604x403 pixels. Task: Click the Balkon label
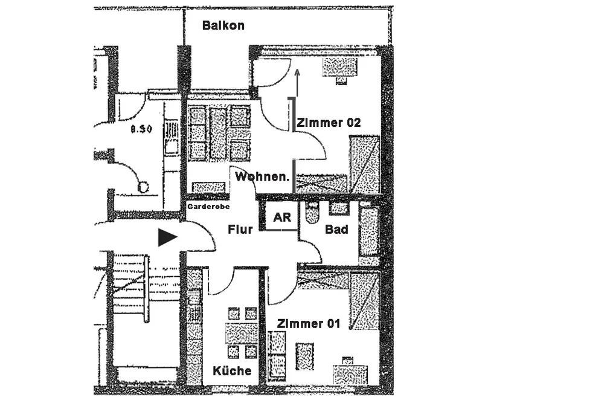point(223,25)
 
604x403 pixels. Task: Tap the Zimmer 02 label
point(329,123)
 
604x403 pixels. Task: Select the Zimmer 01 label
point(308,324)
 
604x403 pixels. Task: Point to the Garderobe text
point(207,206)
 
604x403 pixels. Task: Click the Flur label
point(240,230)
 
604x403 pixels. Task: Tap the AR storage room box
point(281,218)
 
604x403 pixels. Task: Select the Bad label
point(336,230)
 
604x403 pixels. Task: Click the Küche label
point(232,370)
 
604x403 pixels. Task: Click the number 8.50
point(141,129)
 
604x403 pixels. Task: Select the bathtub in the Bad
point(368,235)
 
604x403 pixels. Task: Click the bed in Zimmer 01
point(364,300)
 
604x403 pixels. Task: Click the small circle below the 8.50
point(143,187)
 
